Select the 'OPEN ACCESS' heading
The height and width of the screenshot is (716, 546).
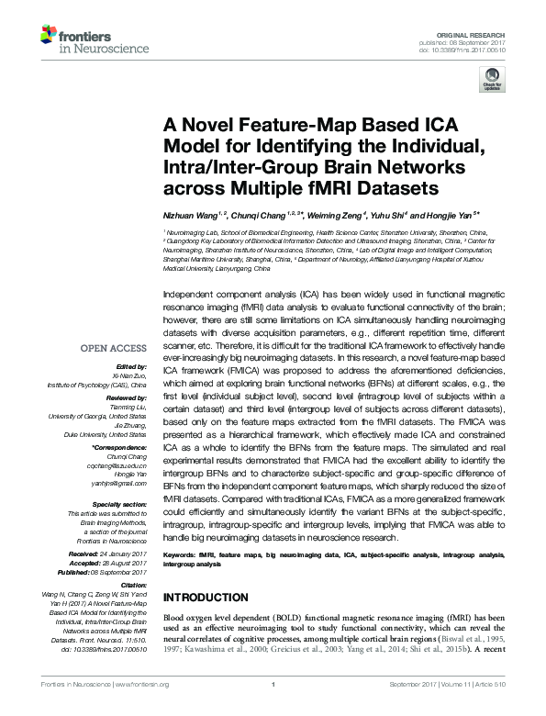coord(114,349)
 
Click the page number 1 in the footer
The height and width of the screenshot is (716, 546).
coord(274,709)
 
